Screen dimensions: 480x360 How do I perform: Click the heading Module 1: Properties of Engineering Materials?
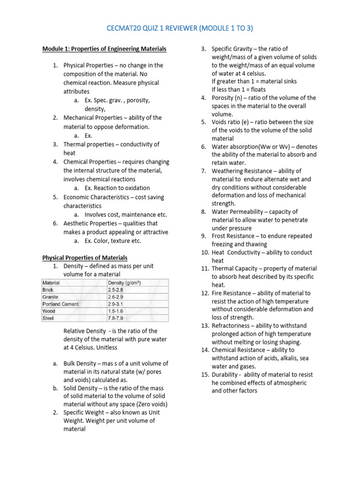coord(104,49)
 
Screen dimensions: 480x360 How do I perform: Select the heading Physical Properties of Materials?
coord(85,257)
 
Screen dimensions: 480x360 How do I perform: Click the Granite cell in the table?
coord(51,297)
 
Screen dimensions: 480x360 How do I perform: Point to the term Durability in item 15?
coord(225,375)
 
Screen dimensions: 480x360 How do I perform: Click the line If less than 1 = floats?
coord(238,89)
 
